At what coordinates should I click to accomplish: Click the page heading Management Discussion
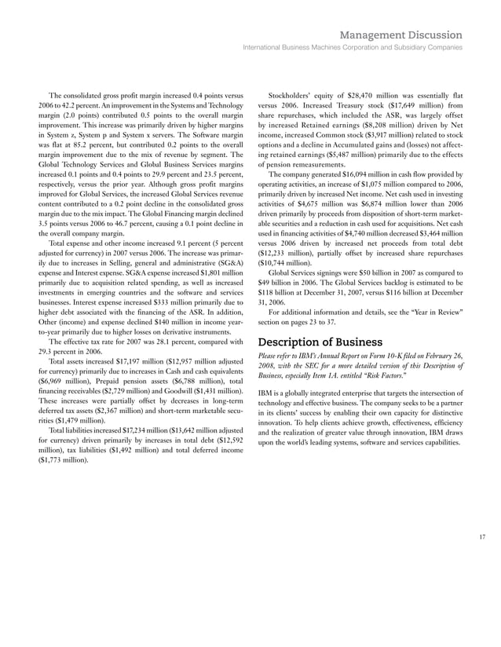401,35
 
